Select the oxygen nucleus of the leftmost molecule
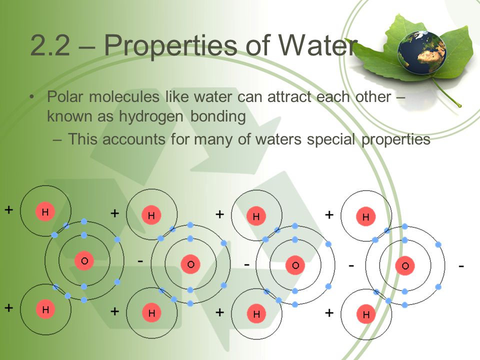[84, 260]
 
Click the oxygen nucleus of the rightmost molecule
[404, 265]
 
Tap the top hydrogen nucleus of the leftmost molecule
[45, 212]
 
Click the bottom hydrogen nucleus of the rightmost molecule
[366, 315]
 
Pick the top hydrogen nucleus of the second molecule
[151, 215]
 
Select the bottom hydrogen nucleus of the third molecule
[256, 314]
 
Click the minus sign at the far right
[461, 266]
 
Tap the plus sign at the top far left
[9, 209]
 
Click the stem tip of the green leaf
[459, 105]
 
